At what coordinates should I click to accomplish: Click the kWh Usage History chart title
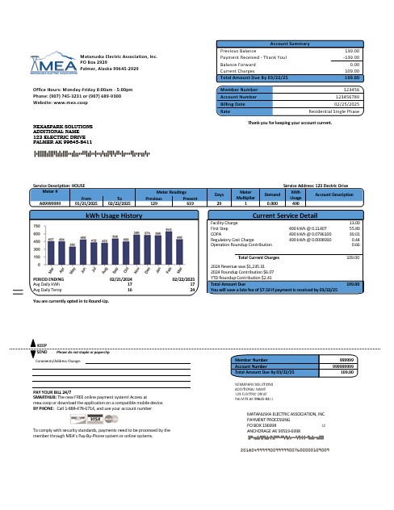114,216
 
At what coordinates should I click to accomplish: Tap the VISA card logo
95,420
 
